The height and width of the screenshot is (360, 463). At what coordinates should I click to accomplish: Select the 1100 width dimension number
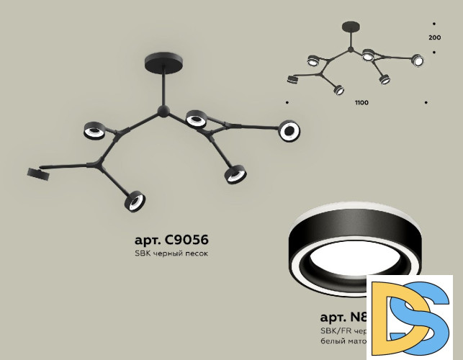click(361, 103)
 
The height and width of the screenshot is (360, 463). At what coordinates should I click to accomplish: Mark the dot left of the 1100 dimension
click(287, 103)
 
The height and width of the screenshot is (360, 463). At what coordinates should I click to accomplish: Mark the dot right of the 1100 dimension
click(426, 103)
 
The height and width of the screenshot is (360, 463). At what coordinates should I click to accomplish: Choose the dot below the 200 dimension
click(433, 52)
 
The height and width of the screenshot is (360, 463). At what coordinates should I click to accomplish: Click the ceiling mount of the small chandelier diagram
click(349, 26)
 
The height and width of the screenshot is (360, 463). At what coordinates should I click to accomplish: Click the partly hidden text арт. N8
click(343, 317)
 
